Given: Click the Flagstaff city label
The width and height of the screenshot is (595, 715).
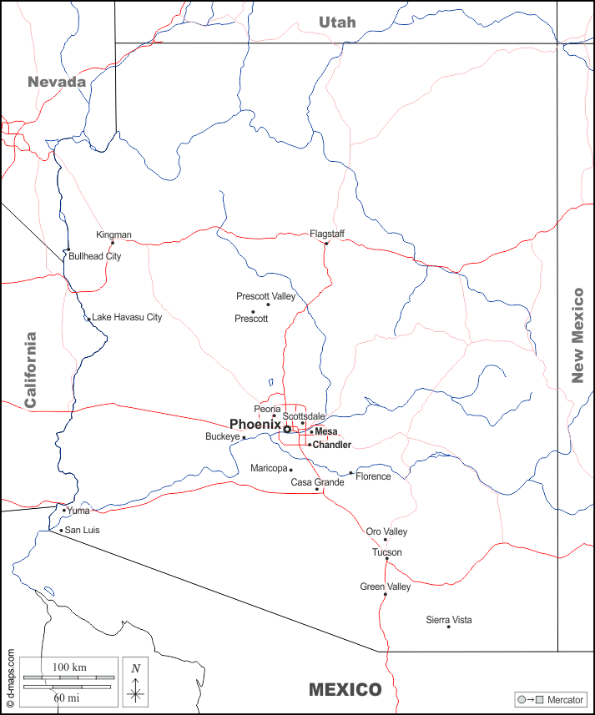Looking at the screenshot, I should pyautogui.click(x=327, y=234).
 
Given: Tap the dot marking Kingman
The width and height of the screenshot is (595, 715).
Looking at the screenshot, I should pyautogui.click(x=113, y=243).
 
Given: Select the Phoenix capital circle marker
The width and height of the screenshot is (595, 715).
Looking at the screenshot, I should pyautogui.click(x=287, y=429).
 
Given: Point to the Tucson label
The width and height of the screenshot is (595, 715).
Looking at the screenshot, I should pyautogui.click(x=386, y=552).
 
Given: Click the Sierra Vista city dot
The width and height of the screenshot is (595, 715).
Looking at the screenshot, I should pyautogui.click(x=448, y=627).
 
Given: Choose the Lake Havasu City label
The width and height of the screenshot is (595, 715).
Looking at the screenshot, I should pyautogui.click(x=127, y=317).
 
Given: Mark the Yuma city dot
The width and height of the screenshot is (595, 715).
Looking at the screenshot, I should pyautogui.click(x=63, y=510).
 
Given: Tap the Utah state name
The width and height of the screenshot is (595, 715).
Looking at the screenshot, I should pyautogui.click(x=337, y=23).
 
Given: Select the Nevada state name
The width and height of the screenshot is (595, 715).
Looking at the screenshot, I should pyautogui.click(x=57, y=82).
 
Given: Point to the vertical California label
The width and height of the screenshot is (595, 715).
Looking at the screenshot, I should pyautogui.click(x=31, y=370).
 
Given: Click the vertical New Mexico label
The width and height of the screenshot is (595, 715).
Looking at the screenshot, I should pyautogui.click(x=577, y=335).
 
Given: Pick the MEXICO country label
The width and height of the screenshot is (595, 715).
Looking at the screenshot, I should pyautogui.click(x=345, y=690).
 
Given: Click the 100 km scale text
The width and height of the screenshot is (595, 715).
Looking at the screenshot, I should pyautogui.click(x=70, y=668).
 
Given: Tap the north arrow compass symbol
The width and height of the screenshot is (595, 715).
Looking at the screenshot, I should pyautogui.click(x=135, y=681).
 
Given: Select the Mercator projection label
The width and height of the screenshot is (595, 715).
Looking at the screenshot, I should pyautogui.click(x=565, y=699).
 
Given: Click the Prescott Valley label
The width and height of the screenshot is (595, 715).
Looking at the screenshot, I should pyautogui.click(x=265, y=296).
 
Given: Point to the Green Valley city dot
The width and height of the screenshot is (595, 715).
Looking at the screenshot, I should pyautogui.click(x=385, y=595).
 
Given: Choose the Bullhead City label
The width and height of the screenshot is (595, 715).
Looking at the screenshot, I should pyautogui.click(x=94, y=256).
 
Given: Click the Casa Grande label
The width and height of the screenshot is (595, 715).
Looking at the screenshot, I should pyautogui.click(x=317, y=482).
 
